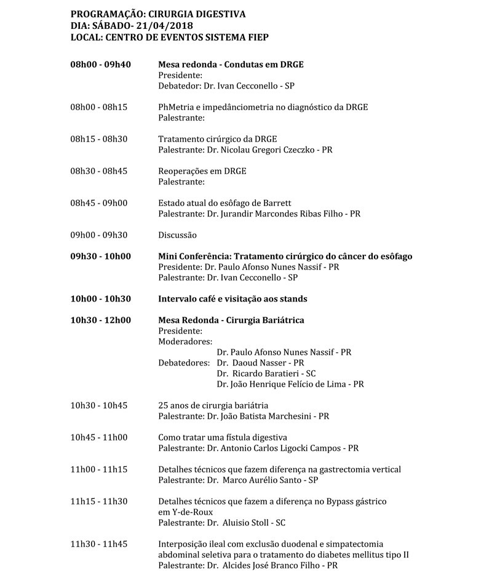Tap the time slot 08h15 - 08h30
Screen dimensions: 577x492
(99, 139)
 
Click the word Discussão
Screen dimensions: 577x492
(177, 235)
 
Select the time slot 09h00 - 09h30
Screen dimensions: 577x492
(99, 235)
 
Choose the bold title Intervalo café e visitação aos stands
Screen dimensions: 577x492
(232, 299)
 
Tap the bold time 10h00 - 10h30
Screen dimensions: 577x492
(100, 299)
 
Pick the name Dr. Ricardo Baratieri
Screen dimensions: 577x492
(264, 373)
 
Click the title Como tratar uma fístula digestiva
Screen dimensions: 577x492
(222, 437)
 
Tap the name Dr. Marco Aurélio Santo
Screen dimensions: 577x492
(259, 480)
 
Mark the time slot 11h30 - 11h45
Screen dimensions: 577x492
(99, 544)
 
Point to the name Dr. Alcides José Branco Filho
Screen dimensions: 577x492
(268, 565)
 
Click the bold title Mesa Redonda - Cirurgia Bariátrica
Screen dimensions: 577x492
(231, 320)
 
